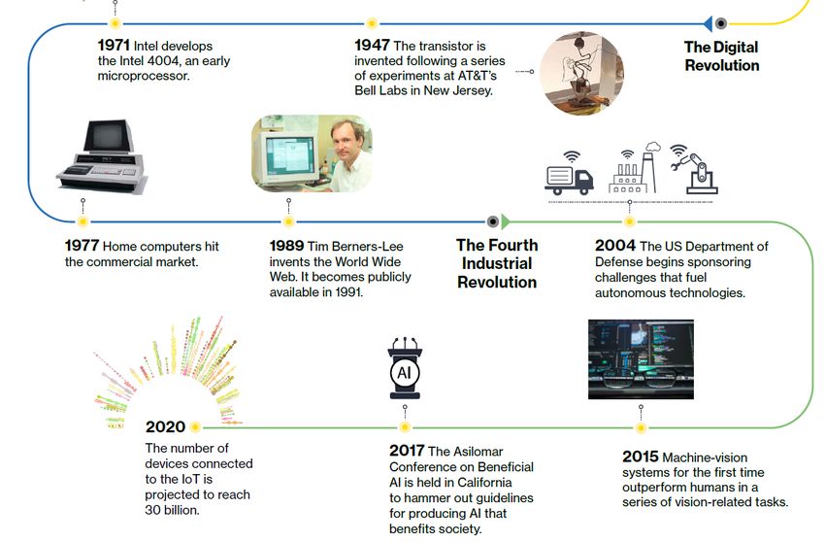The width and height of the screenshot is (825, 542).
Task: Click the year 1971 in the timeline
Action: [114, 46]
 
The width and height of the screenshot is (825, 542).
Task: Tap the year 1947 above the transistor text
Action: [372, 46]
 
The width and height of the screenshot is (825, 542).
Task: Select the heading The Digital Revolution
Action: [721, 55]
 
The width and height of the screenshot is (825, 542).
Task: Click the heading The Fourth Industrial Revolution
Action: [497, 263]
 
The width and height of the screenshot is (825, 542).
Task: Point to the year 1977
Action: [82, 246]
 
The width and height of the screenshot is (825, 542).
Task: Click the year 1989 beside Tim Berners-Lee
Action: [286, 246]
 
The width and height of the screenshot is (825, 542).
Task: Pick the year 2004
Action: [615, 246]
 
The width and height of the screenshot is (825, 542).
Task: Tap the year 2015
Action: [641, 457]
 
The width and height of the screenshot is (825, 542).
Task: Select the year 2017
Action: [407, 451]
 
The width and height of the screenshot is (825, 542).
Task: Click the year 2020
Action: [165, 426]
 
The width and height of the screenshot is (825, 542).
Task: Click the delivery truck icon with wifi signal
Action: [570, 173]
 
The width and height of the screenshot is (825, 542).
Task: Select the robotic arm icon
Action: [694, 169]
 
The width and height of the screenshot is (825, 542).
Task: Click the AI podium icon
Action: [405, 368]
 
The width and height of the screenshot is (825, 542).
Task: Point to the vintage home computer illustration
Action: [102, 156]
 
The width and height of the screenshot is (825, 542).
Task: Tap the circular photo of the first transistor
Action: [582, 73]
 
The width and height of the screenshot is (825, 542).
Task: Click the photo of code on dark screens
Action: [641, 359]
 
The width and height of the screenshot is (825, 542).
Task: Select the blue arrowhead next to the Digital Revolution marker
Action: [708, 23]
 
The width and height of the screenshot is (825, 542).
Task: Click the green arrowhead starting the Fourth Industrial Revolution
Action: [506, 221]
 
